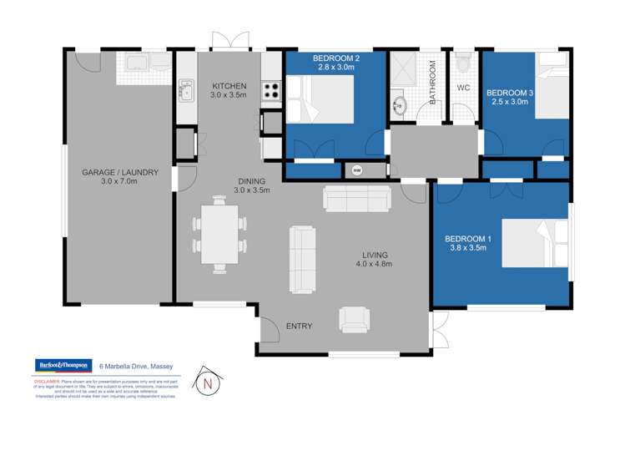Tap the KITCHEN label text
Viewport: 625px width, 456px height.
229,86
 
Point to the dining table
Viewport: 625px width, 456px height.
219,234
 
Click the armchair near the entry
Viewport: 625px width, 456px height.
354,318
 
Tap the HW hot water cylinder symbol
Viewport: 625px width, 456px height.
358,170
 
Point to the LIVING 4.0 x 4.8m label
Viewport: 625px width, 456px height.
376,259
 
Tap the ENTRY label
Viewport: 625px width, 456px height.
299,326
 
